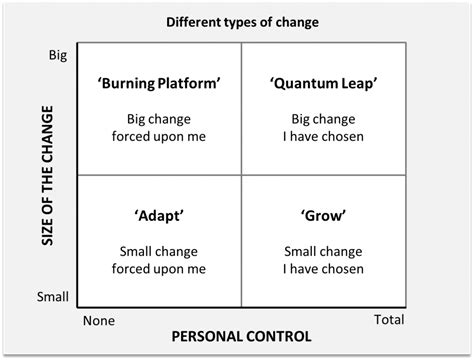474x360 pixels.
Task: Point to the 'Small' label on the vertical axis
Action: [54, 297]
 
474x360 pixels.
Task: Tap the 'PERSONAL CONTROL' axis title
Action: [242, 337]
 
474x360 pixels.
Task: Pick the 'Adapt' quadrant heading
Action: [160, 215]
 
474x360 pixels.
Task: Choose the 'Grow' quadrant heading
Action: [325, 215]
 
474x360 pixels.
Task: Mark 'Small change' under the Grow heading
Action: [325, 250]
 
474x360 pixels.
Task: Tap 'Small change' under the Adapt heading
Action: [160, 250]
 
